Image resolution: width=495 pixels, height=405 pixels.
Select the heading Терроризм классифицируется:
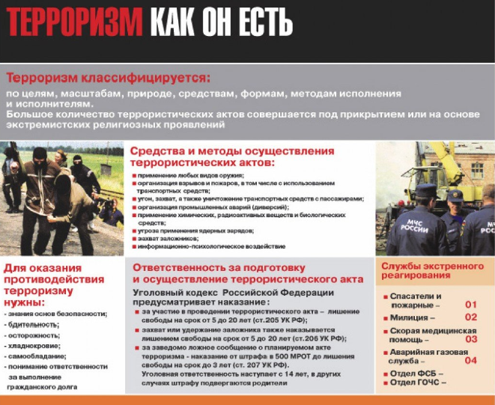click(109, 77)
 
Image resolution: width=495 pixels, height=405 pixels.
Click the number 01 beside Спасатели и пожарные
click(470, 305)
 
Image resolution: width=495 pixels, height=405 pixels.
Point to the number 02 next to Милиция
click(470, 317)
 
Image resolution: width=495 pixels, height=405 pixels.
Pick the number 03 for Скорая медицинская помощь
click(470, 339)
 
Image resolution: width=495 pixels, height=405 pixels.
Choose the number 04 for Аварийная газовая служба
click(470, 360)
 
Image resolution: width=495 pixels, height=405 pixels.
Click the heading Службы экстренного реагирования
click(433, 270)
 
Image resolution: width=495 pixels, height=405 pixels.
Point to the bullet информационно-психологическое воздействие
click(210, 246)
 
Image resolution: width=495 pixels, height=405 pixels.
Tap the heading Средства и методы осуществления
click(232, 151)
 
